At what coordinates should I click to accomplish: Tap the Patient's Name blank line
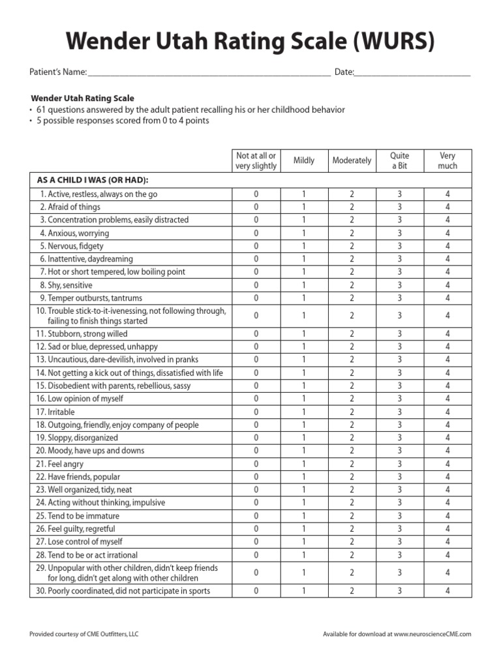[x=209, y=75]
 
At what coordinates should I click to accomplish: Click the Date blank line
[x=412, y=75]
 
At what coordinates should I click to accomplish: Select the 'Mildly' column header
[x=304, y=160]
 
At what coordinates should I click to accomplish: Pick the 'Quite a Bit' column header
[x=400, y=160]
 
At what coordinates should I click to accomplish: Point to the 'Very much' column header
[x=448, y=160]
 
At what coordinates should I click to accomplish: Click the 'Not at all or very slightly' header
[x=256, y=160]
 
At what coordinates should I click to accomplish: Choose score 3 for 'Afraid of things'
[x=400, y=207]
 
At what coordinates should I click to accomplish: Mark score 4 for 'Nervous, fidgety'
[x=448, y=246]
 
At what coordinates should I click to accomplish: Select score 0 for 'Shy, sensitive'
[x=256, y=285]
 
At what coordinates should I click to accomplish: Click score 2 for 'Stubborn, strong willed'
[x=352, y=333]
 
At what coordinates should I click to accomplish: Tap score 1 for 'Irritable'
[x=304, y=412]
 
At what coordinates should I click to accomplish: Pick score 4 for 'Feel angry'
[x=448, y=464]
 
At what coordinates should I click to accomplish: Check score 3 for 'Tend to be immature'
[x=400, y=515]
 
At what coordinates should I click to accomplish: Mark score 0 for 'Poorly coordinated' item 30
[x=256, y=591]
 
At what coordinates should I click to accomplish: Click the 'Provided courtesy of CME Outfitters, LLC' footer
[x=84, y=634]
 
